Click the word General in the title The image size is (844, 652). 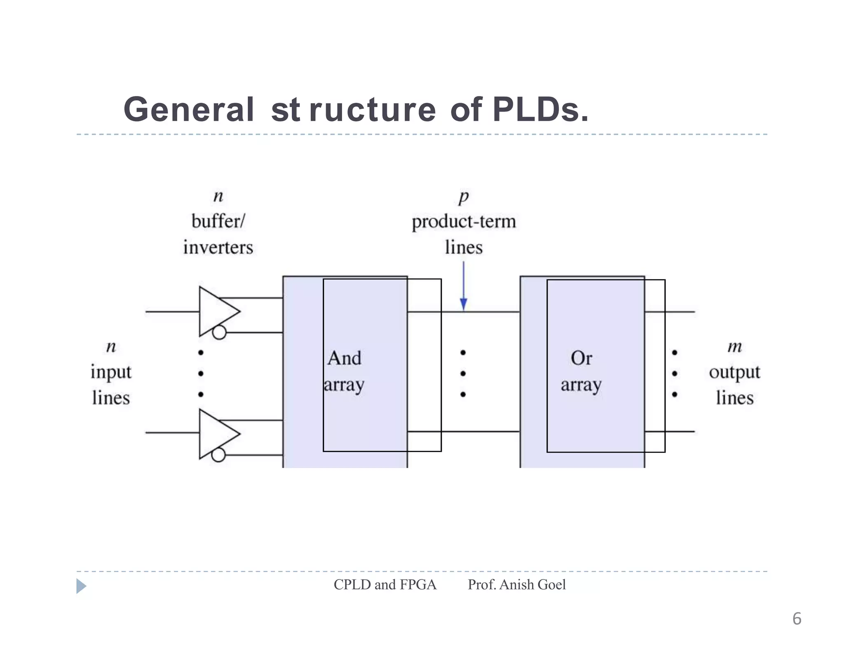(x=188, y=110)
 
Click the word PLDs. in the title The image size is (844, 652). (x=540, y=110)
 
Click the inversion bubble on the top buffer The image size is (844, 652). (x=219, y=332)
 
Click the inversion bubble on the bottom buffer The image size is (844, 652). (x=218, y=455)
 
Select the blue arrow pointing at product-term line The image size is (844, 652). (x=463, y=288)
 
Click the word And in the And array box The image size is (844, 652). (x=345, y=358)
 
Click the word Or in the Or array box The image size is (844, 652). (x=581, y=358)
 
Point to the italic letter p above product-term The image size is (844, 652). (x=464, y=197)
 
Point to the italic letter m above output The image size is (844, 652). (x=734, y=347)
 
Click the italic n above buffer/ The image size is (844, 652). (x=218, y=196)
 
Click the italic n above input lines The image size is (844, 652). (x=111, y=347)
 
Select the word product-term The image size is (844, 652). (x=464, y=222)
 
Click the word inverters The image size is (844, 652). (x=218, y=247)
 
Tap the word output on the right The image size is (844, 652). (x=734, y=373)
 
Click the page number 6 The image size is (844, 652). (x=797, y=619)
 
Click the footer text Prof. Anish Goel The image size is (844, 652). (x=516, y=584)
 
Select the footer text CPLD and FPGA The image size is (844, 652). (x=385, y=584)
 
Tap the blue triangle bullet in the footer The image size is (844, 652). (x=81, y=586)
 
